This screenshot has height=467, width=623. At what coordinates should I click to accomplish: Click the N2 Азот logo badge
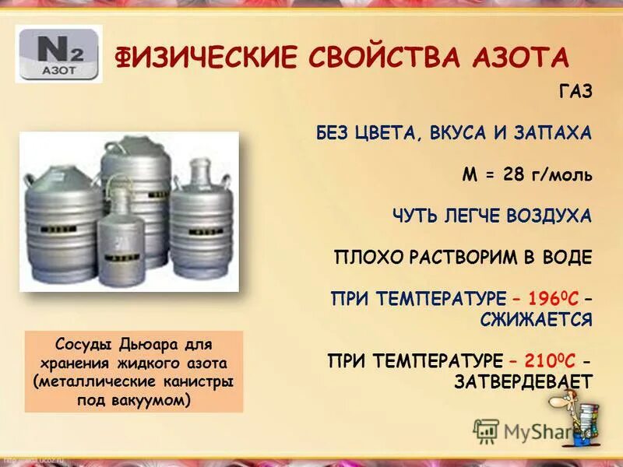click(x=58, y=54)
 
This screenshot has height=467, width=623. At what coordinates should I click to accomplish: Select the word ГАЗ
click(x=575, y=92)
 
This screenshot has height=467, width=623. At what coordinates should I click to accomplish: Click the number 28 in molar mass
click(x=514, y=174)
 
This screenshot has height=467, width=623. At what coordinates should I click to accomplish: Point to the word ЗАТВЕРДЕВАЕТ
click(x=524, y=381)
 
